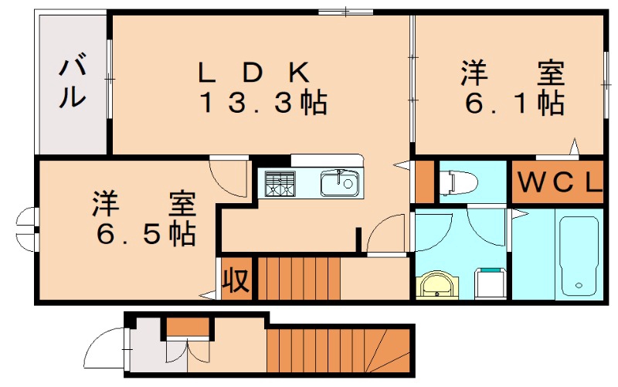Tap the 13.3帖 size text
pos(263,103)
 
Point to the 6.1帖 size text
pos(513,103)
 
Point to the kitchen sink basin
pos(338,184)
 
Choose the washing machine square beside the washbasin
pos(490,283)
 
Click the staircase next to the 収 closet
pos(297,279)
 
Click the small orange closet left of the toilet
pos(424,181)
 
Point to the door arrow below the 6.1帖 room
pos(574,144)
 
